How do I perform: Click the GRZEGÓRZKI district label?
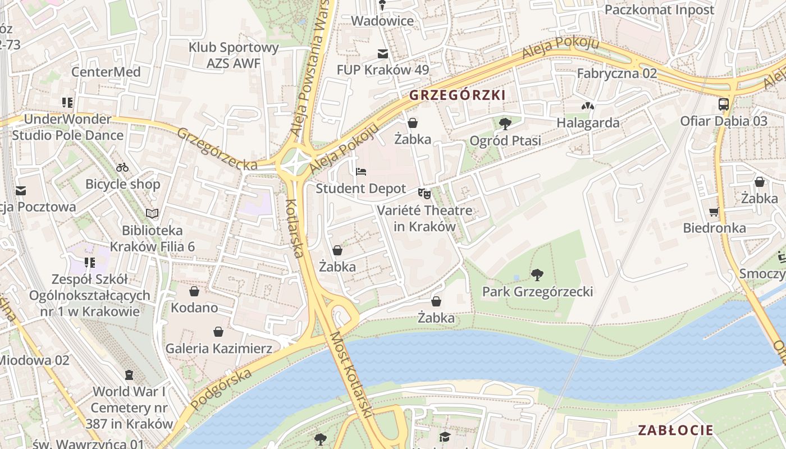pyautogui.click(x=457, y=95)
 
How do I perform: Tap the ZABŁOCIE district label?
pyautogui.click(x=675, y=430)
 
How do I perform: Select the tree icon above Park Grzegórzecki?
pyautogui.click(x=537, y=274)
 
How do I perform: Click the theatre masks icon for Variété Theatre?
pyautogui.click(x=424, y=193)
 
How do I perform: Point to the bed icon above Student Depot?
pyautogui.click(x=360, y=171)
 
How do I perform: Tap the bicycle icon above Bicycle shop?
pyautogui.click(x=122, y=167)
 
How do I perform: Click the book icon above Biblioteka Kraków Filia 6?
pyautogui.click(x=152, y=213)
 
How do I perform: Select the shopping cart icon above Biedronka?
pyautogui.click(x=714, y=212)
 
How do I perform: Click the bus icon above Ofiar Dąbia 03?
pyautogui.click(x=723, y=104)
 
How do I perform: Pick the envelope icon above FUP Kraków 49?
pyautogui.click(x=383, y=54)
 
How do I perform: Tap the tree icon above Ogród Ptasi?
pyautogui.click(x=505, y=123)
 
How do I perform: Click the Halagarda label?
pyautogui.click(x=588, y=123)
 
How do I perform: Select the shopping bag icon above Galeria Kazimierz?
pyautogui.click(x=218, y=332)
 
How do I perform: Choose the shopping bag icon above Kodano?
pyautogui.click(x=194, y=291)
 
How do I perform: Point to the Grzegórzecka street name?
pyautogui.click(x=217, y=149)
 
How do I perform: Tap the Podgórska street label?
pyautogui.click(x=221, y=389)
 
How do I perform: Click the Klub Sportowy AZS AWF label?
pyautogui.click(x=234, y=55)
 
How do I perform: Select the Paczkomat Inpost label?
pyautogui.click(x=659, y=10)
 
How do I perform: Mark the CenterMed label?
pyautogui.click(x=106, y=72)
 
